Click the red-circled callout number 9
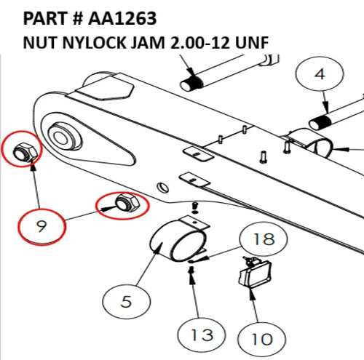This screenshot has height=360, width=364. pyautogui.click(x=40, y=227)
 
